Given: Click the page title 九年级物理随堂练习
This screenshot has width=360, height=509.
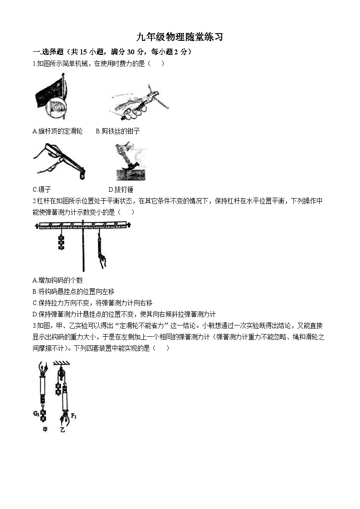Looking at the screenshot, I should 180,37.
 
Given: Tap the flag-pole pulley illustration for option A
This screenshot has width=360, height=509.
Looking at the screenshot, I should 51,98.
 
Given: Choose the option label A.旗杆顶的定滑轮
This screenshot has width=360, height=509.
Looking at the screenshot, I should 58,131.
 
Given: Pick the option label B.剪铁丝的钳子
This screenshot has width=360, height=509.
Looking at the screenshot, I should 118,131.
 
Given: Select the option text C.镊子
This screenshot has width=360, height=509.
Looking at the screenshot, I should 42,189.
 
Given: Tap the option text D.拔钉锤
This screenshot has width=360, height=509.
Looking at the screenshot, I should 121,189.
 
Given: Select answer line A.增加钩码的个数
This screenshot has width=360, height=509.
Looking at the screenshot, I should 58,280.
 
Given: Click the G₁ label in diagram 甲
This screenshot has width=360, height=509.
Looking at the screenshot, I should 37,413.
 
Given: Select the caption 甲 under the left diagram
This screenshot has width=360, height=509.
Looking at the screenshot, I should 44,429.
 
